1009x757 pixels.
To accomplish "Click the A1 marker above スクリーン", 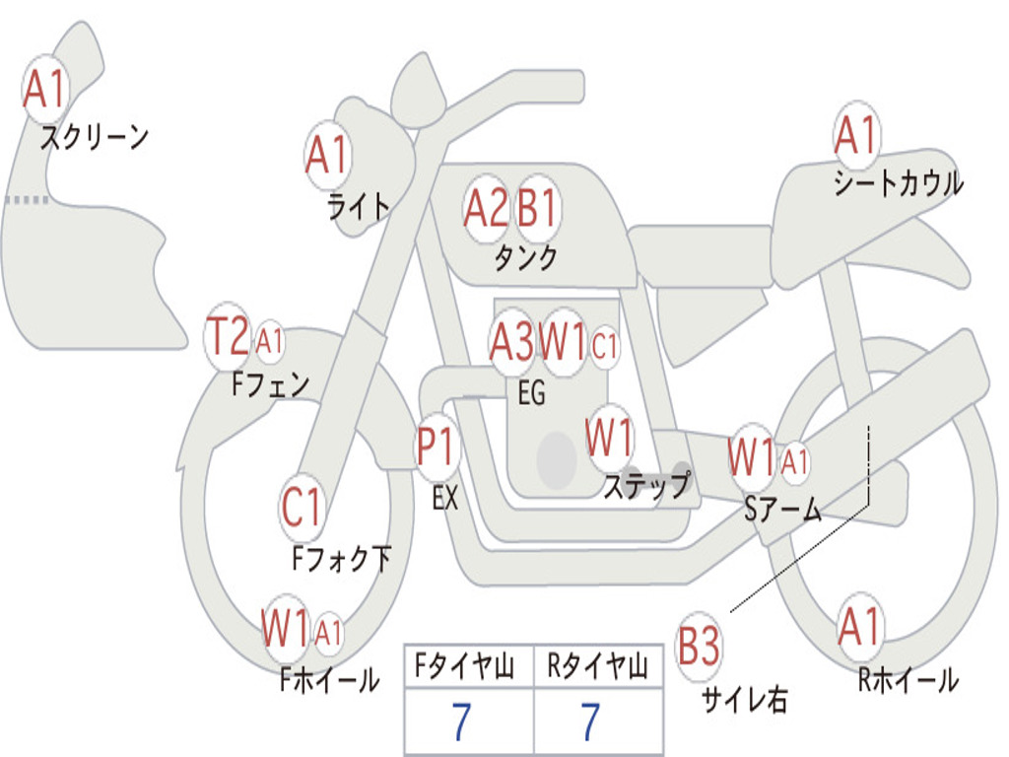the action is pyautogui.click(x=45, y=89).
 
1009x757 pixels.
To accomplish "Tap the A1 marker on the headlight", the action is pyautogui.click(x=328, y=156).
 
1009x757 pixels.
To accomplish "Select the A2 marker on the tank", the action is pyautogui.click(x=486, y=209).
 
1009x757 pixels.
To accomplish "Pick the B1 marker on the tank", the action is pyautogui.click(x=537, y=209).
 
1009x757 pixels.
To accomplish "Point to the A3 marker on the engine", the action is pyautogui.click(x=511, y=342).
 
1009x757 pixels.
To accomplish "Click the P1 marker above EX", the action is pyautogui.click(x=437, y=446).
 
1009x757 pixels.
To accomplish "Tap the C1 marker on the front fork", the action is pyautogui.click(x=302, y=508).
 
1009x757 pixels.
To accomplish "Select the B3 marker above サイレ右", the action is pyautogui.click(x=699, y=646).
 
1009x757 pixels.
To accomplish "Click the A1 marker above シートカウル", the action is pyautogui.click(x=857, y=135).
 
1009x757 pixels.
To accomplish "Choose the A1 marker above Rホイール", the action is pyautogui.click(x=859, y=627).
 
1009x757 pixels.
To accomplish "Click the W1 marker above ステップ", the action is pyautogui.click(x=609, y=439).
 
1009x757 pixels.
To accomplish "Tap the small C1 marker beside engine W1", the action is pyautogui.click(x=604, y=346).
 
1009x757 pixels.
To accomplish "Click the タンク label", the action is pyautogui.click(x=525, y=258).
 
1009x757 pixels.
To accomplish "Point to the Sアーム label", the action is pyautogui.click(x=782, y=510).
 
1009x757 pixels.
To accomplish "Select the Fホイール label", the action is pyautogui.click(x=329, y=680).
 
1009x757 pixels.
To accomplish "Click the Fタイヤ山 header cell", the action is pyautogui.click(x=469, y=666).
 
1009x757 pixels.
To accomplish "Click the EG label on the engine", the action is pyautogui.click(x=531, y=392).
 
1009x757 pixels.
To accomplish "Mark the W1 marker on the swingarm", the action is pyautogui.click(x=752, y=458).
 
